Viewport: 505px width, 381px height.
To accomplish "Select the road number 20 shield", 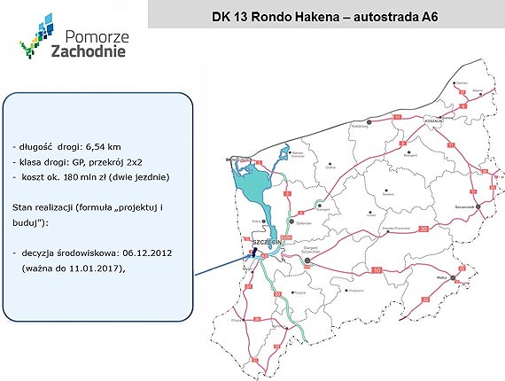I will [x=423, y=229].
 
